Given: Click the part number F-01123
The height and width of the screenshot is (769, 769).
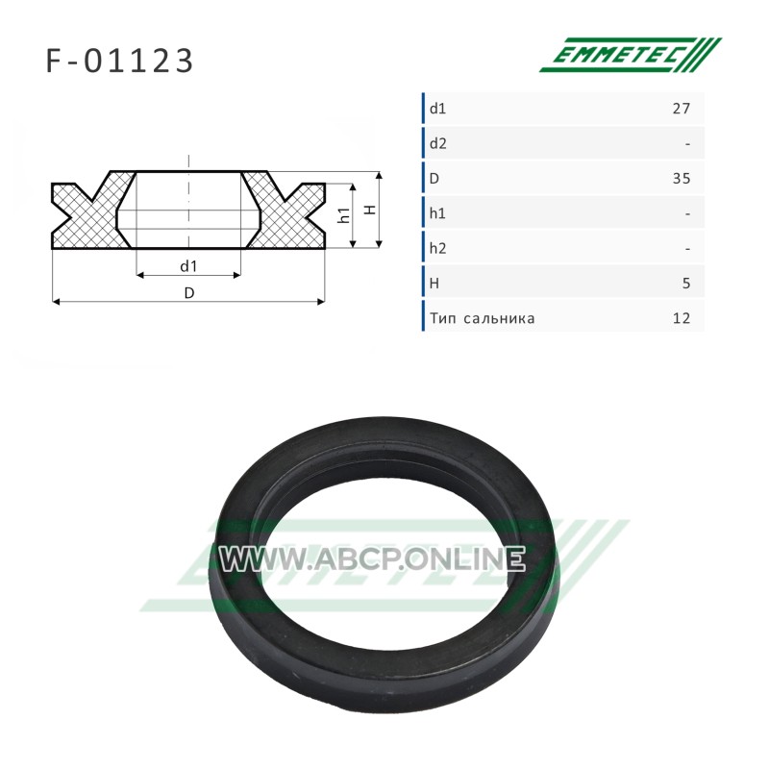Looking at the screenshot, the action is click(x=119, y=62).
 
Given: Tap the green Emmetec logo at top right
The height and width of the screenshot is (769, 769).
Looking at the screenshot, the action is click(x=631, y=55).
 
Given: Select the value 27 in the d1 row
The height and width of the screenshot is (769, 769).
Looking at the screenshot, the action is click(x=682, y=109).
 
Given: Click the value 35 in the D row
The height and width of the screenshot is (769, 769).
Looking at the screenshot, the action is click(x=682, y=179).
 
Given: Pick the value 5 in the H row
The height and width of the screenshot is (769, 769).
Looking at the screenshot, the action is click(x=686, y=284).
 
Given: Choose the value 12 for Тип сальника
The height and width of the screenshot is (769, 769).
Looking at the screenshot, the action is click(x=682, y=318).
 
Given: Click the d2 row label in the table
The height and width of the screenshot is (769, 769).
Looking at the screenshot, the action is click(x=438, y=143).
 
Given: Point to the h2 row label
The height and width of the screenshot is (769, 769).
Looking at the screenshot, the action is click(x=438, y=249).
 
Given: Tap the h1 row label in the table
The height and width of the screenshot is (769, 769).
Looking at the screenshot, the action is click(x=437, y=213).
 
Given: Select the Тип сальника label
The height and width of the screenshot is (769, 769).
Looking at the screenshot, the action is click(x=483, y=319).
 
